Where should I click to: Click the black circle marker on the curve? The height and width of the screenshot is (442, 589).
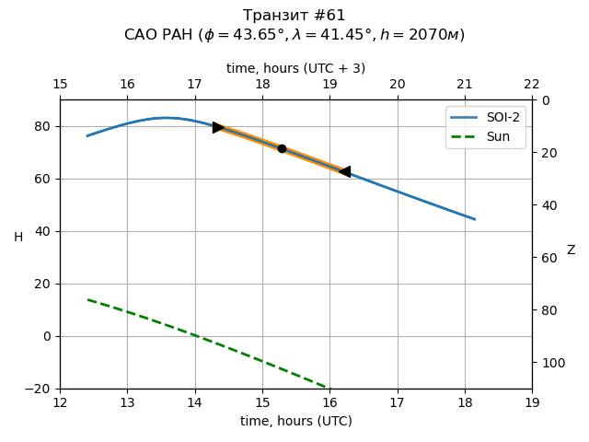(282, 148)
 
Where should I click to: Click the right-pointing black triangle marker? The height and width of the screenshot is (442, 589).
(218, 127)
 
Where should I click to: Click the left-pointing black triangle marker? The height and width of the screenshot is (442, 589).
(344, 171)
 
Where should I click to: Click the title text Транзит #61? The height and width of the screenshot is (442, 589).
(294, 16)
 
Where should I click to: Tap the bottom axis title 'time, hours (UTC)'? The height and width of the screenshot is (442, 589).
(296, 421)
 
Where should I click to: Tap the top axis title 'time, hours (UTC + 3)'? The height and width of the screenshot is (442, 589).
(296, 68)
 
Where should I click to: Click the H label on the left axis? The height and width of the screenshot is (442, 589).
(18, 238)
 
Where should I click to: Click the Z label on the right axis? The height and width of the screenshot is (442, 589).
(571, 250)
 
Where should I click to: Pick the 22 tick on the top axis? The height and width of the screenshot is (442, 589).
(532, 85)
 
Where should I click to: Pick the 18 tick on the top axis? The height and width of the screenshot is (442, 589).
(262, 85)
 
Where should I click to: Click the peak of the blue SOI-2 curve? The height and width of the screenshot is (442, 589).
(167, 118)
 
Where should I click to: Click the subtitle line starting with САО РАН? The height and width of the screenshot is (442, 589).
(294, 35)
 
